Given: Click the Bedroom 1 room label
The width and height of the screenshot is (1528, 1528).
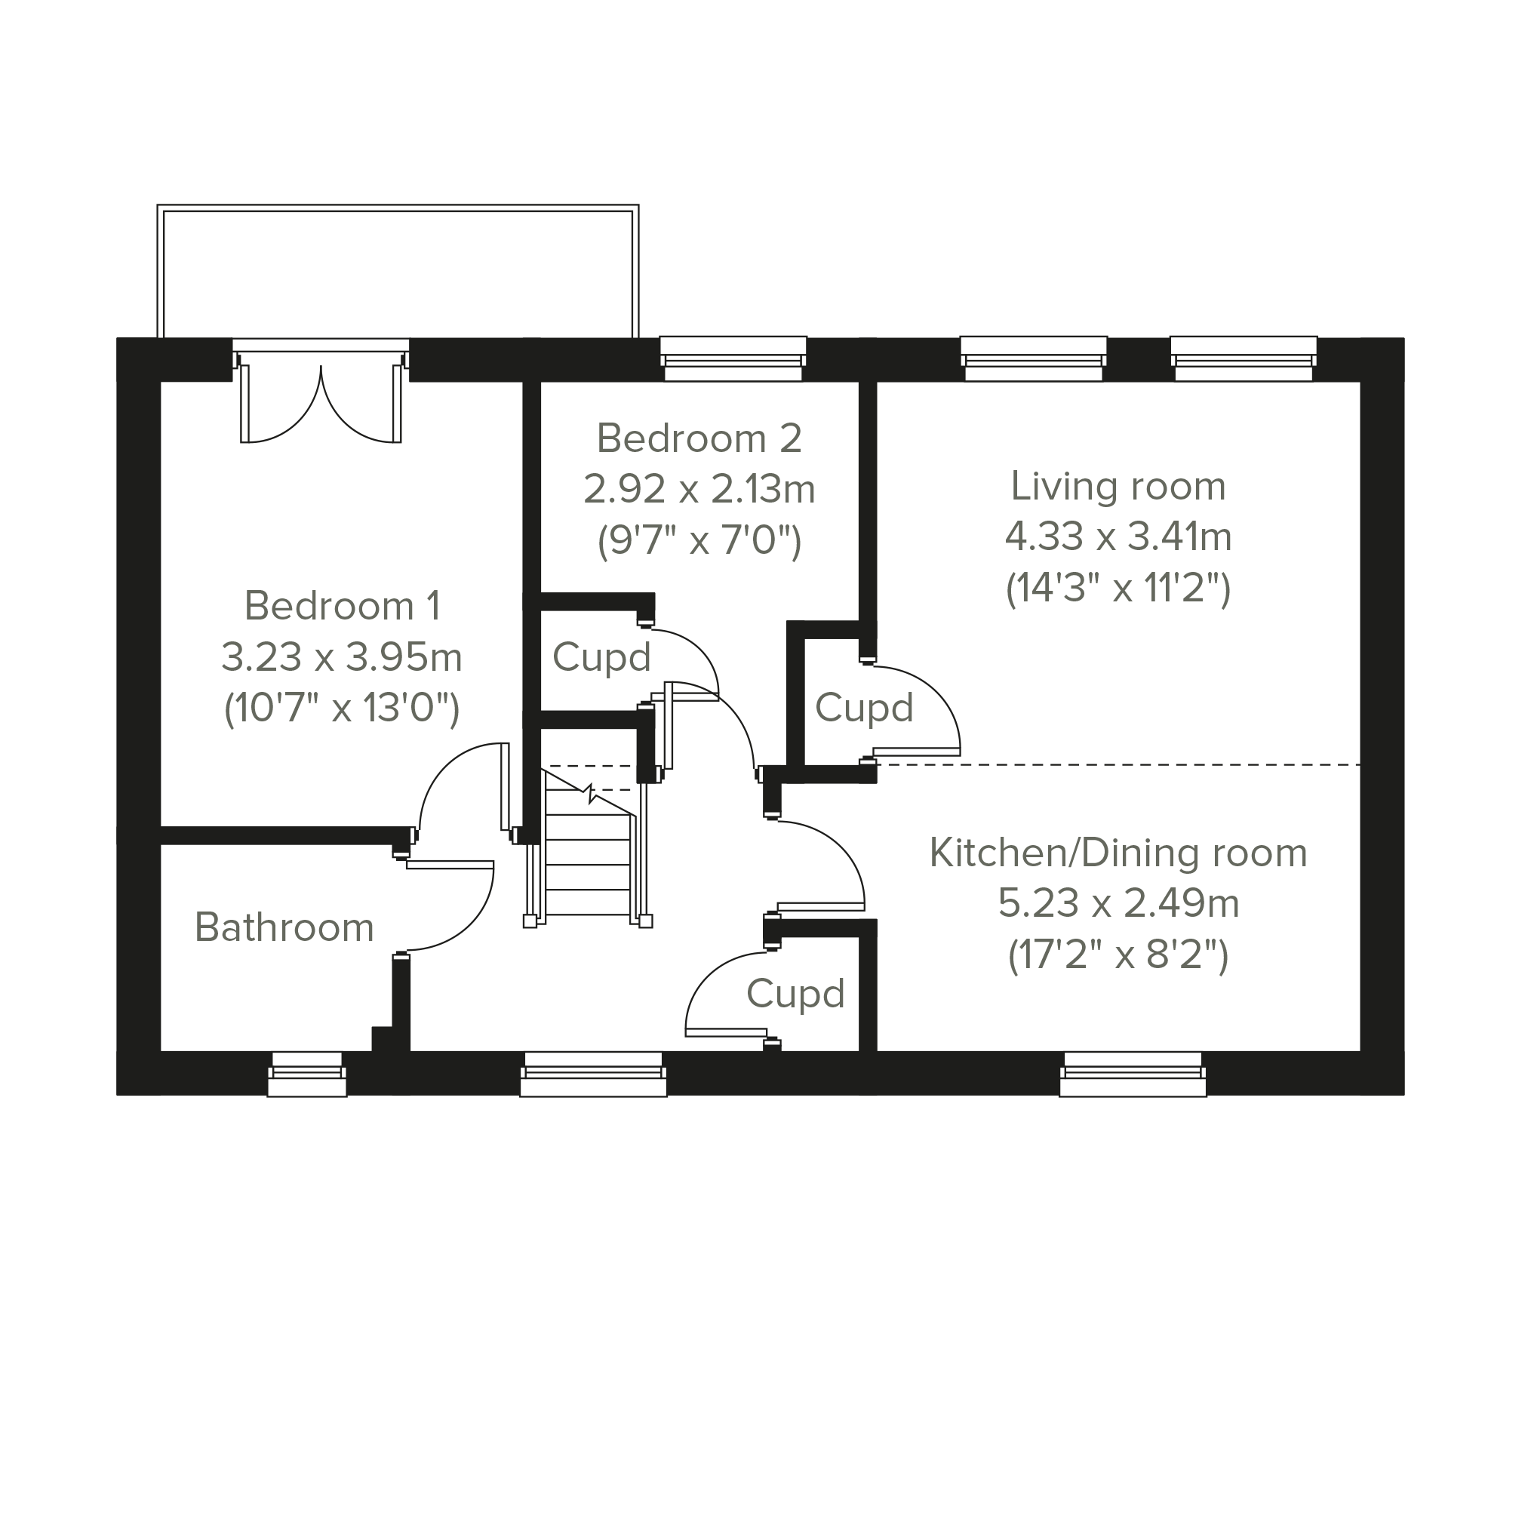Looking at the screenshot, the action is [x=342, y=606].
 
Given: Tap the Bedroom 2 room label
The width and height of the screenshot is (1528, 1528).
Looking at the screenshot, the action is [x=699, y=438].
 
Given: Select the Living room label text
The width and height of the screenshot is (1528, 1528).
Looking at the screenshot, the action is [x=1118, y=487].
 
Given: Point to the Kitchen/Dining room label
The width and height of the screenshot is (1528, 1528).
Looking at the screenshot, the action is [x=1118, y=853].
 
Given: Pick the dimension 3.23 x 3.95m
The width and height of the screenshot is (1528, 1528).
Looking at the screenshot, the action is [x=342, y=657].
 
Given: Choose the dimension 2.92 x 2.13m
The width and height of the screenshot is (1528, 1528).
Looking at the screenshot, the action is [x=699, y=490].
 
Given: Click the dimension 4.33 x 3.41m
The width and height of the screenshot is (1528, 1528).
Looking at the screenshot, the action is [x=1118, y=537].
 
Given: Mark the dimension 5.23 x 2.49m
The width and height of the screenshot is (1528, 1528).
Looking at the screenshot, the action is [x=1118, y=903].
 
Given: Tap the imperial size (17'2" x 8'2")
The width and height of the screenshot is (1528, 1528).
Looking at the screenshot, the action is [x=1118, y=955].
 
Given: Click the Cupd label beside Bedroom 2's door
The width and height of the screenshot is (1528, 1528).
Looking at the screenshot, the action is [x=601, y=657].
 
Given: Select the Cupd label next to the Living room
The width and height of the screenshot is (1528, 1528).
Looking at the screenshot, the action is [x=864, y=708].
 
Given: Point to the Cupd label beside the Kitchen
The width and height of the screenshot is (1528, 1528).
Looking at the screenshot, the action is [x=795, y=995].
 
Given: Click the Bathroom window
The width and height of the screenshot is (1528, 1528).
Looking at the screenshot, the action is [x=307, y=1074].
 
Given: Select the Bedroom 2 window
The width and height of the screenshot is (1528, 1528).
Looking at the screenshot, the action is [x=733, y=358].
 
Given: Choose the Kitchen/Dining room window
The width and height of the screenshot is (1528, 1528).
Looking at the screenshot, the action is [x=1133, y=1074].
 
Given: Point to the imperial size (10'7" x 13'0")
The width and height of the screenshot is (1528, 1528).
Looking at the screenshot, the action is [x=342, y=709].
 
